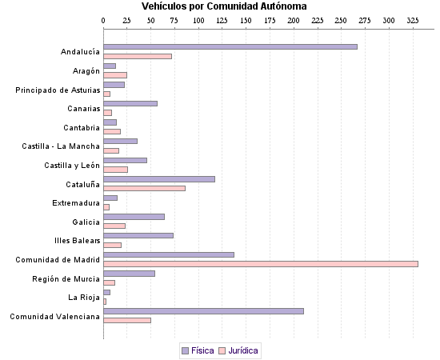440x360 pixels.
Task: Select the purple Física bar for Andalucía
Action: click(230, 47)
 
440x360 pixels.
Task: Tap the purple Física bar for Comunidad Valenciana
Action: click(203, 311)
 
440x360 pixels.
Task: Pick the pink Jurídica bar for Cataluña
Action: click(144, 188)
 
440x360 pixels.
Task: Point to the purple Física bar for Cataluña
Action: click(159, 179)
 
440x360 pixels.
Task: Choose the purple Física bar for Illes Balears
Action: click(138, 235)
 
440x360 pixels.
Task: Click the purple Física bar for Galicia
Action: click(134, 217)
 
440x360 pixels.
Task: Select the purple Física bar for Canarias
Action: click(130, 104)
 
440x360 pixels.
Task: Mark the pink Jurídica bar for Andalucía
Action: click(138, 56)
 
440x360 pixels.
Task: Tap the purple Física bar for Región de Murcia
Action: click(129, 274)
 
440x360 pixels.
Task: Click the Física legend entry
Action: click(198, 350)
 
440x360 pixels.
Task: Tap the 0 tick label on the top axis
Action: click(104, 19)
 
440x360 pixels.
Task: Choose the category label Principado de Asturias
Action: click(58, 90)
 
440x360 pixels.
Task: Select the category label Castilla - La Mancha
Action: click(61, 146)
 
